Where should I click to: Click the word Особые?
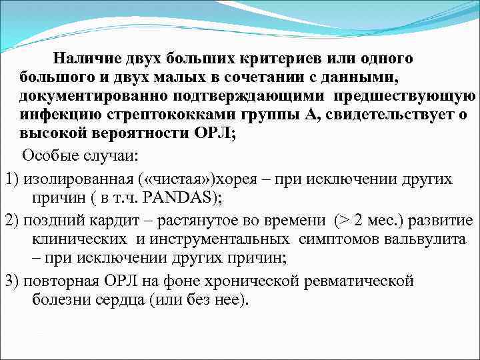click(x=46, y=156)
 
